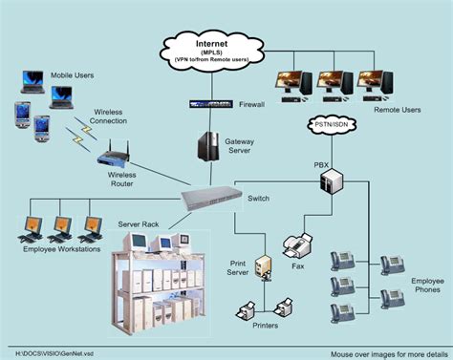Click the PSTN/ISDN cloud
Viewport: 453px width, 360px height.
pyautogui.click(x=334, y=125)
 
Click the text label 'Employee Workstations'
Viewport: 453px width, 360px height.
pyautogui.click(x=60, y=248)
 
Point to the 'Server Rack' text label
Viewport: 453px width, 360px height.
pyautogui.click(x=138, y=223)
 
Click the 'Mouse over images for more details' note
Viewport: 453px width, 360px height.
pyautogui.click(x=387, y=351)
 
